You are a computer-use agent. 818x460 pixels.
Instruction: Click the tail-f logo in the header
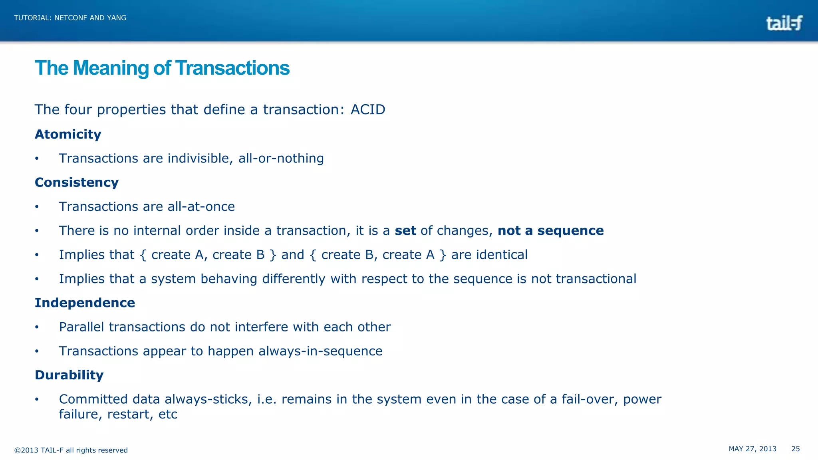pos(784,23)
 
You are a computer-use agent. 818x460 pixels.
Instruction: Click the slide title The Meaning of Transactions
pos(162,68)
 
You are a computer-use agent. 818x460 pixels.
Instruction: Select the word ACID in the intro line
pos(367,109)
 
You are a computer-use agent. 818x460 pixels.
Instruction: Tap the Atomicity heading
pos(68,134)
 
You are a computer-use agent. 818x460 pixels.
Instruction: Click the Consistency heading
pos(77,182)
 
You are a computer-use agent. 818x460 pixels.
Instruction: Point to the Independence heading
pos(85,303)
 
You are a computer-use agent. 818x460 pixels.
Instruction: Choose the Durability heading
pos(69,375)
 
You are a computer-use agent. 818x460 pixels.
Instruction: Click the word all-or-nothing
pos(281,159)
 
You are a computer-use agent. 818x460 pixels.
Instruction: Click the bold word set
pos(405,231)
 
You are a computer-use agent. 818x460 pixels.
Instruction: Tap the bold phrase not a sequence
pos(550,231)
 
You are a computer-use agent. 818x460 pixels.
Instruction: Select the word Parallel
pos(82,327)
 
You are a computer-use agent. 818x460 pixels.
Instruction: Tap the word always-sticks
pos(208,399)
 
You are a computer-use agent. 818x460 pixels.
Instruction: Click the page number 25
pos(795,449)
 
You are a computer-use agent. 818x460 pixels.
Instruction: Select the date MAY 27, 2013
pos(752,449)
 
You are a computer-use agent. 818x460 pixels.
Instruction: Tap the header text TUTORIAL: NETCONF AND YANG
pos(70,18)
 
